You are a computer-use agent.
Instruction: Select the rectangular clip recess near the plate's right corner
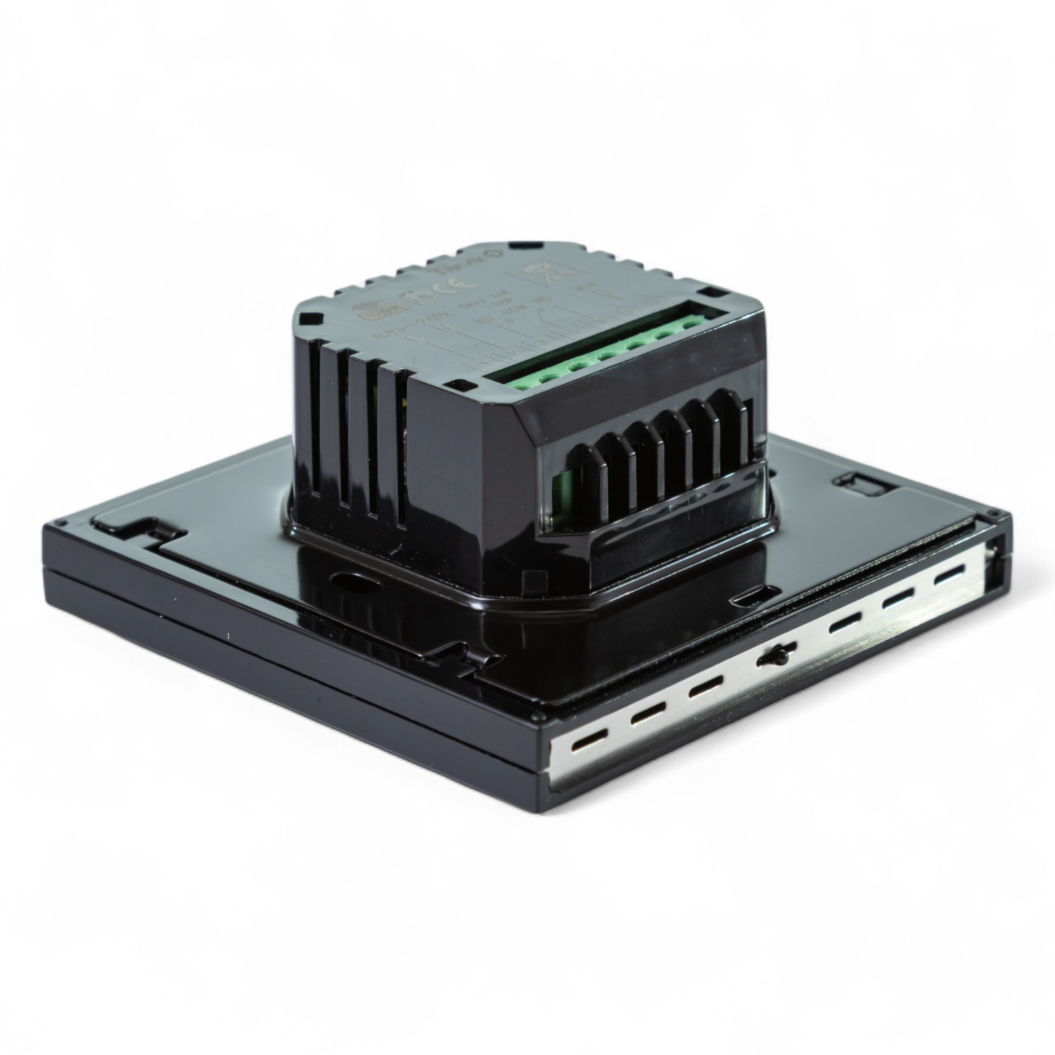click(x=856, y=485)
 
